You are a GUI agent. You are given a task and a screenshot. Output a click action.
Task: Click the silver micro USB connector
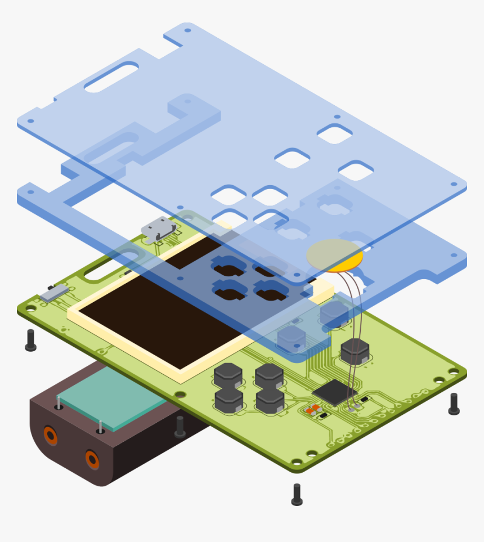coord(159,229)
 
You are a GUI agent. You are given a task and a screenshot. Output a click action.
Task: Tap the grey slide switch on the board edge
coord(54,292)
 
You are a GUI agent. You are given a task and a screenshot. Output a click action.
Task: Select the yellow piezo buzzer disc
coord(335,256)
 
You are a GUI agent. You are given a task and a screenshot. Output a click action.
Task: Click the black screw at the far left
coord(30,340)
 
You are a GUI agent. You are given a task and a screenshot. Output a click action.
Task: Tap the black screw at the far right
coord(454,404)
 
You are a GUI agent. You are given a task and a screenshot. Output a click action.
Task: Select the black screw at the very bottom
coord(297,494)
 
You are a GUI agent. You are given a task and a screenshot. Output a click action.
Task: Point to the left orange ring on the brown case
coord(50,435)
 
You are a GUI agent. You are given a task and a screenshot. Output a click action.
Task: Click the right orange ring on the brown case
coord(92,459)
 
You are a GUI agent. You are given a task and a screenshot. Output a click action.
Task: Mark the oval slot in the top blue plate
coord(111,77)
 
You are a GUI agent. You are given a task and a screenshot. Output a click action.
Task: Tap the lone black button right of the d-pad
coord(355,351)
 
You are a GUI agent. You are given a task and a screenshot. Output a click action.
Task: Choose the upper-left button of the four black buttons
coord(228,374)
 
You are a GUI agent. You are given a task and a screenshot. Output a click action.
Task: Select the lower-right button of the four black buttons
coord(270,401)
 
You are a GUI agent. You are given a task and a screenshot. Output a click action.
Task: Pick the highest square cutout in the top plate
coord(335,134)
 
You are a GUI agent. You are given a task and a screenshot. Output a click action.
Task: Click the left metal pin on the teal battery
coord(59,402)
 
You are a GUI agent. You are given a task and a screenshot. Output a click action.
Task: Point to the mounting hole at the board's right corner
coord(454,371)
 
